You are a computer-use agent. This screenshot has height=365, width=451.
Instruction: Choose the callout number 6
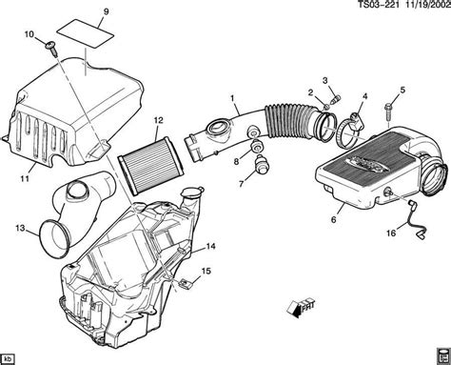tap(332, 220)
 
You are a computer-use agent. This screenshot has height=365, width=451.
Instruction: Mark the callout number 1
tap(230, 97)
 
